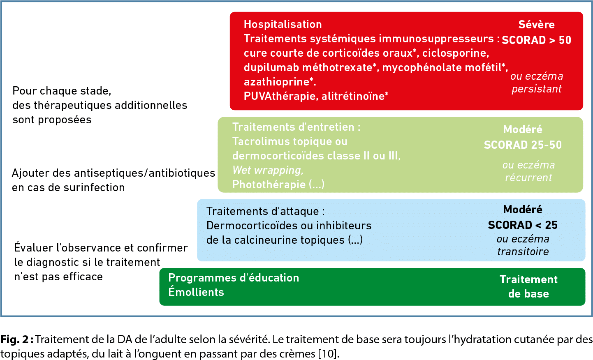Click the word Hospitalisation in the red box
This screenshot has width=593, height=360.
(283, 24)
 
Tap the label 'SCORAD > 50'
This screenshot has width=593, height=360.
(536, 40)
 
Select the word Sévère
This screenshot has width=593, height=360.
(536, 25)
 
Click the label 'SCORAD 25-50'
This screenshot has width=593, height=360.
(523, 145)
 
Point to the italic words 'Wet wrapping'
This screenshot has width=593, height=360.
(268, 170)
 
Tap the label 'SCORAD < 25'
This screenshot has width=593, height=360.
(523, 225)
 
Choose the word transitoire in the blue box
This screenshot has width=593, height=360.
(523, 252)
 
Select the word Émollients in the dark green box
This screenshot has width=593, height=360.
(196, 292)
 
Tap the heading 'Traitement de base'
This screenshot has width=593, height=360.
(528, 286)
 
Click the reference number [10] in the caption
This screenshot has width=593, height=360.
(328, 354)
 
